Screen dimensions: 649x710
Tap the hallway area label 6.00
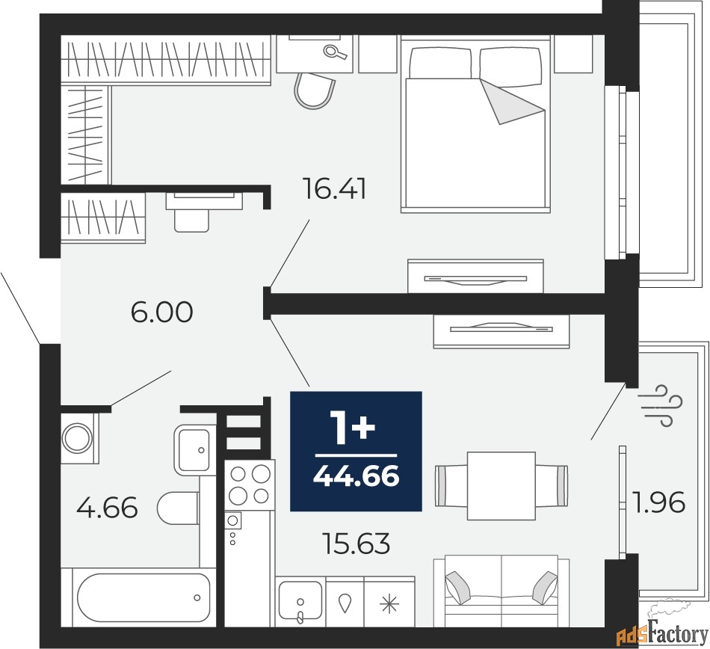pyautogui.click(x=161, y=312)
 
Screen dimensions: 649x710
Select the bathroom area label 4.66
pyautogui.click(x=108, y=508)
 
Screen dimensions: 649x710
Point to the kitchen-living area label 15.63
pyautogui.click(x=356, y=544)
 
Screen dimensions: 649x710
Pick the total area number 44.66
pyautogui.click(x=356, y=476)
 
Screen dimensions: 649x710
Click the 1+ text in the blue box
pyautogui.click(x=354, y=428)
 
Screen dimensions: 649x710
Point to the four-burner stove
pyautogui.click(x=249, y=484)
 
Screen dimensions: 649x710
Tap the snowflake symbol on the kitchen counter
pyautogui.click(x=389, y=603)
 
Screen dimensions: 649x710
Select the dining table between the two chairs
pyautogui.click(x=501, y=485)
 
